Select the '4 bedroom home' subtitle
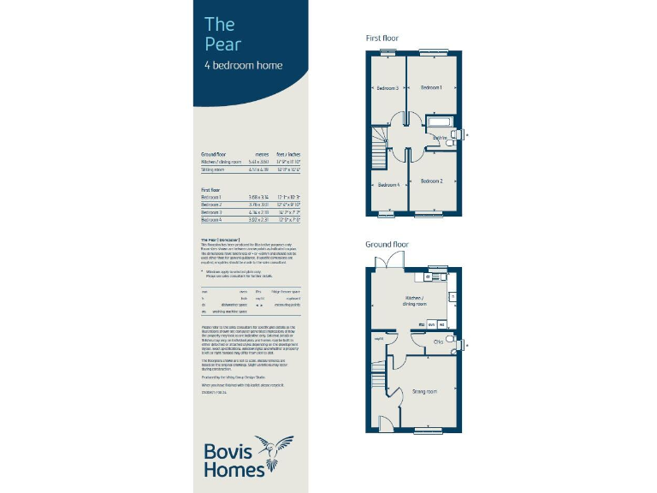pyautogui.click(x=243, y=66)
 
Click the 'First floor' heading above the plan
pyautogui.click(x=383, y=39)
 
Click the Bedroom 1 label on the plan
pyautogui.click(x=429, y=88)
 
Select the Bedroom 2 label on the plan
pyautogui.click(x=430, y=181)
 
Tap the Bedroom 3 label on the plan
pyautogui.click(x=388, y=88)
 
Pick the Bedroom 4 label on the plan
pyautogui.click(x=388, y=185)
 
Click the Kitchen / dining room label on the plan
pyautogui.click(x=417, y=301)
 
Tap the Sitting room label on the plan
pyautogui.click(x=425, y=391)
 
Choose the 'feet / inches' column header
pyautogui.click(x=288, y=154)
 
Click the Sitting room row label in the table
pyautogui.click(x=212, y=169)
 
